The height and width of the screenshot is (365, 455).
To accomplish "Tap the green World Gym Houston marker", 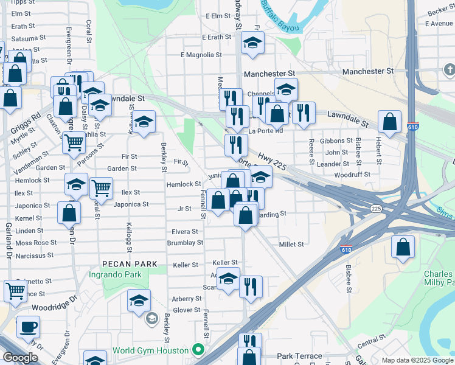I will [x=197, y=350].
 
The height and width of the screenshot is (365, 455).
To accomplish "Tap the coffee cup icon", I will [x=28, y=327].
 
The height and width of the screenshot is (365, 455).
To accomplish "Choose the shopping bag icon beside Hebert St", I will [x=389, y=122].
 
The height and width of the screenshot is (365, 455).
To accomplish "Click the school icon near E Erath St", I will [x=252, y=43].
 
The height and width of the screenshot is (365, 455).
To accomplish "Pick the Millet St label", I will [x=291, y=245].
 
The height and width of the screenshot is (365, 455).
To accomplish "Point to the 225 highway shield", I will [x=376, y=209].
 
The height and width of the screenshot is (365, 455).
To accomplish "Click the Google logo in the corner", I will [x=19, y=358].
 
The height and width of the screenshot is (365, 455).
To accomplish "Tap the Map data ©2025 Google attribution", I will [x=417, y=360].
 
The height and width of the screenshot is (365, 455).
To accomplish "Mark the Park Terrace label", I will [x=294, y=356].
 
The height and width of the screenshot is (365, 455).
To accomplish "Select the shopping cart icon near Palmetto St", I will [x=15, y=290].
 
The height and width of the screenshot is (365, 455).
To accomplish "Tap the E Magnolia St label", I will [x=201, y=55].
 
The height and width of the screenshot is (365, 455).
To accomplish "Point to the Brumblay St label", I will [x=185, y=243].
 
